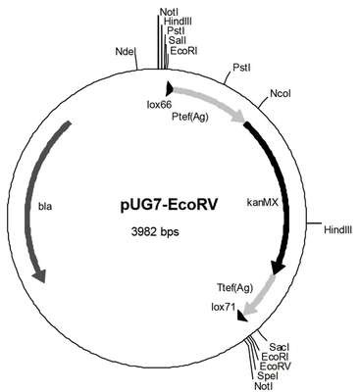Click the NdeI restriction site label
[126, 51]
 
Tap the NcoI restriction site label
[281, 94]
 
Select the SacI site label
[279, 347]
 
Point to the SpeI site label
[268, 375]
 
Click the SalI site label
[178, 40]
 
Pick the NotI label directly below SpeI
[263, 386]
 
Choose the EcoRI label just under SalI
[184, 51]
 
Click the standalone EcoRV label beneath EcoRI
[275, 366]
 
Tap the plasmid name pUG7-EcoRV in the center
[169, 207]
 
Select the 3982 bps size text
[155, 232]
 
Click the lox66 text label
[159, 104]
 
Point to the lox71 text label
[224, 307]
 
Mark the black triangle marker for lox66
[170, 87]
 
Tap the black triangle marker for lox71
[242, 316]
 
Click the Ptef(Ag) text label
[190, 117]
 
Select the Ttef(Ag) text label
[234, 288]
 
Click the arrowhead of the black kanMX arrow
[279, 267]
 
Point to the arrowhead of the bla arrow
[39, 275]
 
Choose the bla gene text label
[45, 207]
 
